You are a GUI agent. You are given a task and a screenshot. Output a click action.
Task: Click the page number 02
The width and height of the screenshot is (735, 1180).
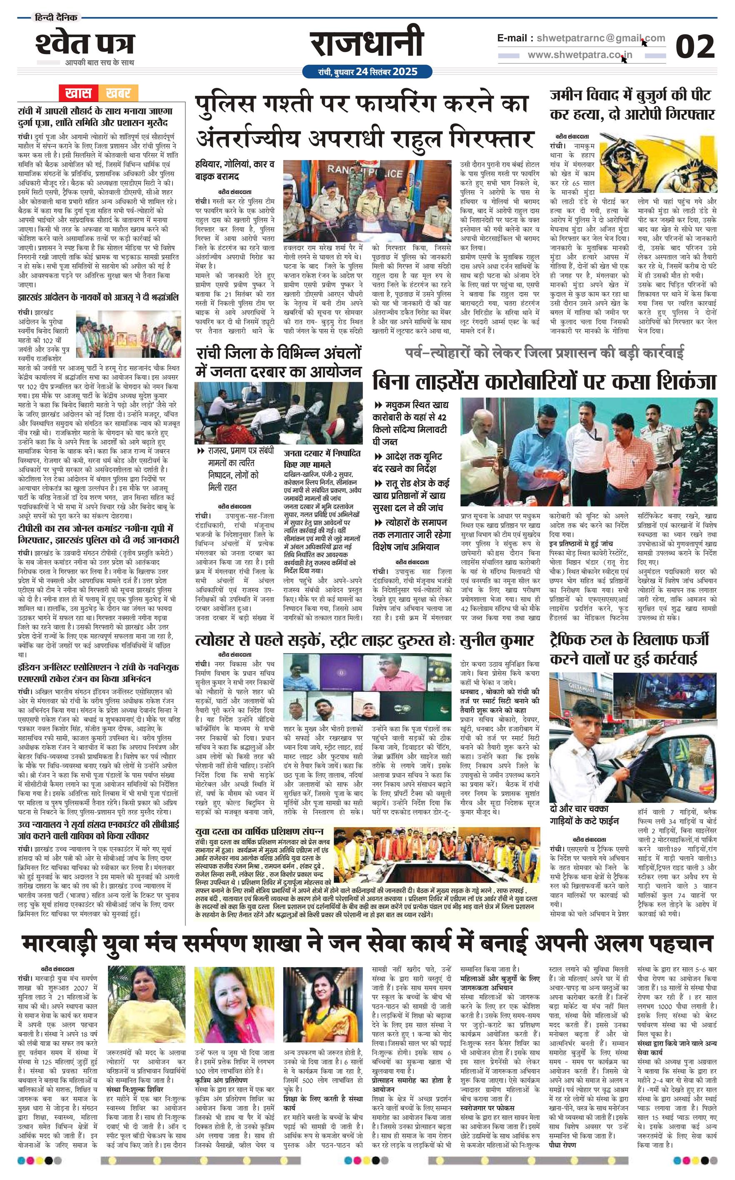[695, 47]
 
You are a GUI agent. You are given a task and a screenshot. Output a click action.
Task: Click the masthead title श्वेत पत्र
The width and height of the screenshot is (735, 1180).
[85, 45]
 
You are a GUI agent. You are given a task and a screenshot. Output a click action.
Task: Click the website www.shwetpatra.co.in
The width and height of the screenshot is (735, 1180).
[580, 55]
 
